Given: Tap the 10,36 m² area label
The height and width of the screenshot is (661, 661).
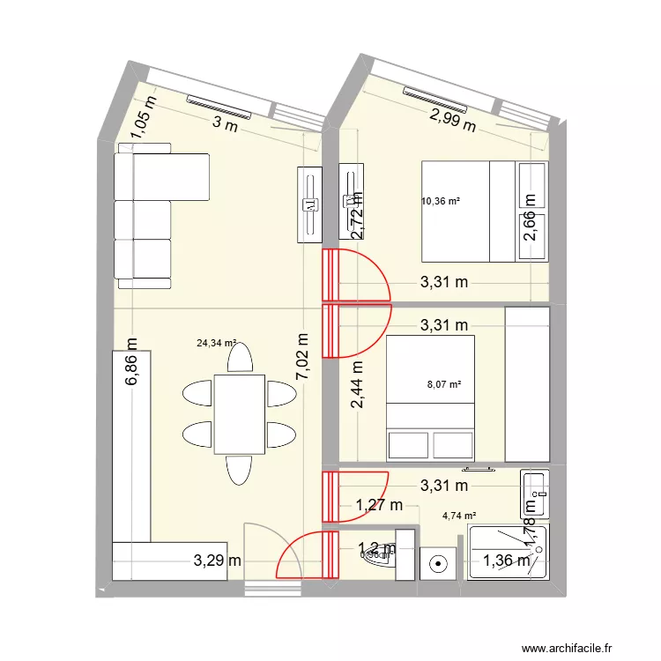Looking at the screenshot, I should [x=441, y=202].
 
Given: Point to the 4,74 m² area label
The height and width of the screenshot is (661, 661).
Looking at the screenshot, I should [x=458, y=516].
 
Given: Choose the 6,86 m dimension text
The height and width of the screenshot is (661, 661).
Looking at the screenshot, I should [x=132, y=363].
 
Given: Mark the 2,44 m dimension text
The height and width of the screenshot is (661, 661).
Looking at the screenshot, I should [x=357, y=386].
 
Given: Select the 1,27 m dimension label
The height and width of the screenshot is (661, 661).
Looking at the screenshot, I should [x=378, y=505].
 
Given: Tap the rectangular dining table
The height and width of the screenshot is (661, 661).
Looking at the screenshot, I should [x=238, y=412].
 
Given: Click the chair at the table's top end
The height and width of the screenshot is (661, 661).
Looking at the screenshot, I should [x=239, y=357].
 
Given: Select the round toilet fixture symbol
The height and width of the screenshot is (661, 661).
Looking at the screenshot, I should [x=438, y=561].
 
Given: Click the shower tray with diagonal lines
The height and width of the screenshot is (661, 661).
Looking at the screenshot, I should [x=506, y=551].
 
